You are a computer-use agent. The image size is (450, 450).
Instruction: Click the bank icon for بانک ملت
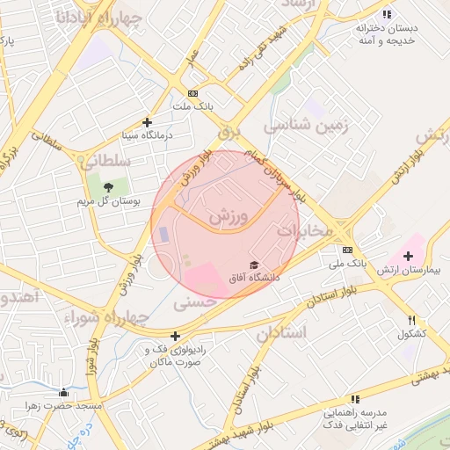(192, 93)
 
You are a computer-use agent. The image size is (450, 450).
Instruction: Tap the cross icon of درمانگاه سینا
(147, 122)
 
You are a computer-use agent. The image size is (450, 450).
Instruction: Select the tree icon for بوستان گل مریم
(108, 187)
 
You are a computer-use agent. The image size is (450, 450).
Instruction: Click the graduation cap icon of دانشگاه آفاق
(254, 265)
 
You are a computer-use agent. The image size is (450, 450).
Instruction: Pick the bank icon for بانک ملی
(346, 250)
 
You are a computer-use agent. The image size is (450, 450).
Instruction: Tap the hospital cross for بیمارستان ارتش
(408, 255)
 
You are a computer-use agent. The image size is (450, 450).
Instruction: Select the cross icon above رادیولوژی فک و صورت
(176, 336)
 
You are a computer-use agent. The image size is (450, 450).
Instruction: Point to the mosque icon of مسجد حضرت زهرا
(62, 393)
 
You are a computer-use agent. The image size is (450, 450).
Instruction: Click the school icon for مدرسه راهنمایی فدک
(355, 399)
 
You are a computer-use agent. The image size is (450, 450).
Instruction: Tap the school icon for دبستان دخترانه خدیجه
(387, 14)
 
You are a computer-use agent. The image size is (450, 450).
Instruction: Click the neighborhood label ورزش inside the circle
(230, 214)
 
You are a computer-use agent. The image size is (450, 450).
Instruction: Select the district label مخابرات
(305, 230)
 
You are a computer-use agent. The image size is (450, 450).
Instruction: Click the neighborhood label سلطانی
(105, 162)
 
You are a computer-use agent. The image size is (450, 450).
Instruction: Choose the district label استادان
(281, 333)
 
